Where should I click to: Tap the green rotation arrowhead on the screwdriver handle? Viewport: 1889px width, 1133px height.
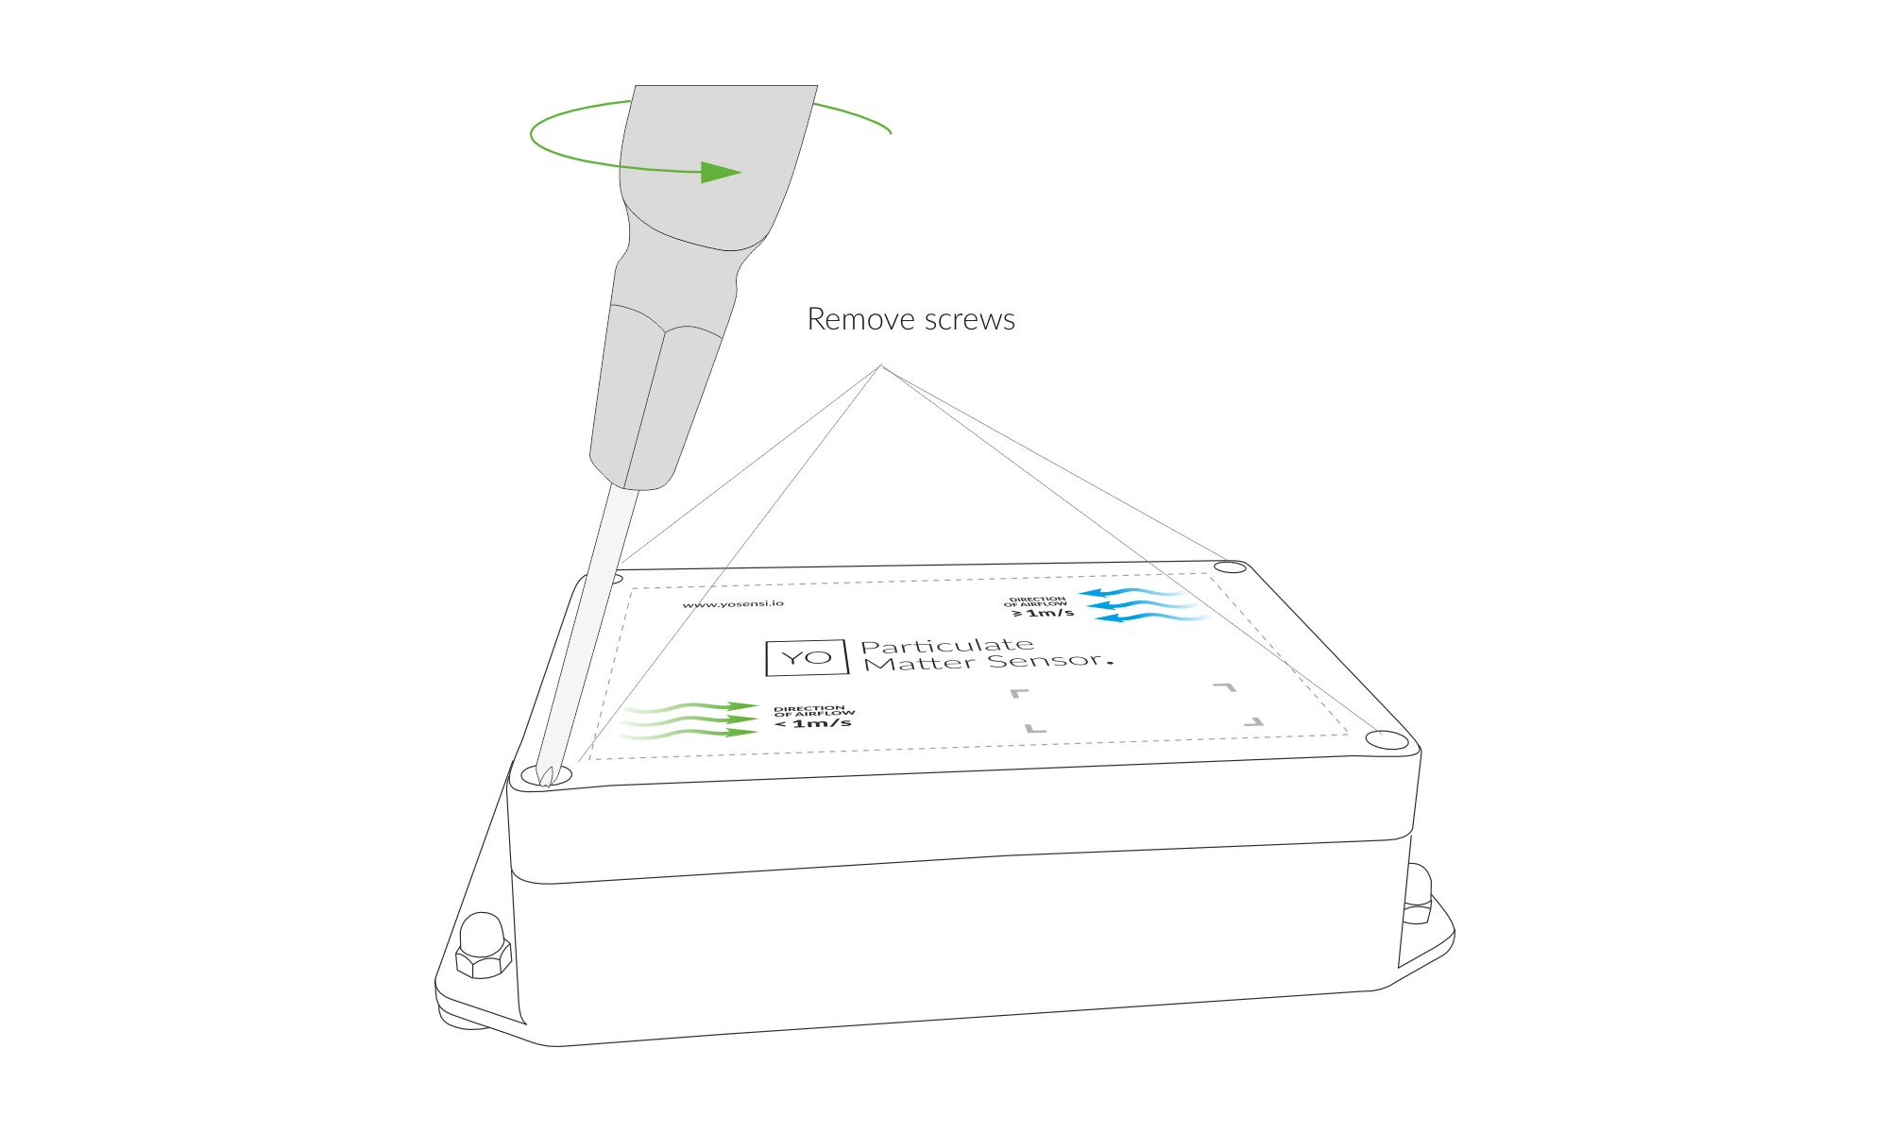(x=722, y=173)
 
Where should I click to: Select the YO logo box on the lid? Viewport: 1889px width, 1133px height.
(x=807, y=657)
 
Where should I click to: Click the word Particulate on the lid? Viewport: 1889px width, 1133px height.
(x=947, y=646)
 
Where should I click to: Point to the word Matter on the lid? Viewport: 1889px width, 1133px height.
(x=920, y=664)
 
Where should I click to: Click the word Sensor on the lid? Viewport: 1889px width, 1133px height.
(x=1045, y=660)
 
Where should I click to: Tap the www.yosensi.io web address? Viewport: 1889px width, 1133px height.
(x=733, y=603)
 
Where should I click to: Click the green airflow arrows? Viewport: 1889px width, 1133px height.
(x=689, y=720)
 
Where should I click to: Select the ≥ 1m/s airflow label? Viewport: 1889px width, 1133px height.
(x=1043, y=613)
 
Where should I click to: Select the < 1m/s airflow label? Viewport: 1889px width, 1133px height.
(x=813, y=723)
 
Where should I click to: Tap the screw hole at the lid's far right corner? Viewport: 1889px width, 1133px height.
(x=1230, y=567)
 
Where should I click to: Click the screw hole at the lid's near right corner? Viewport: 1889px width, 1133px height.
(x=1387, y=740)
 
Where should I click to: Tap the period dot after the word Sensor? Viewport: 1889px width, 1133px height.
(x=1110, y=663)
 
